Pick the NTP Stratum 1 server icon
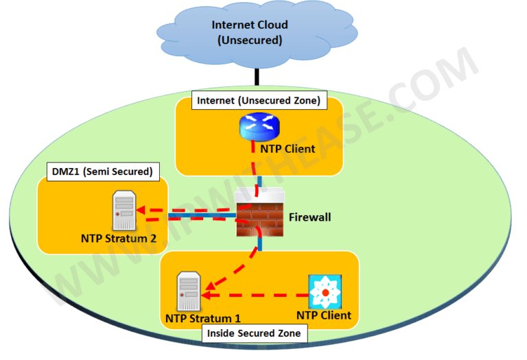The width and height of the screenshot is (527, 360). click(188, 292)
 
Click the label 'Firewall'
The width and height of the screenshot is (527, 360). click(309, 217)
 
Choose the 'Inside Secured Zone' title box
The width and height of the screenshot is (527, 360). click(254, 334)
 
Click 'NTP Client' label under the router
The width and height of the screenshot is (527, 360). click(288, 148)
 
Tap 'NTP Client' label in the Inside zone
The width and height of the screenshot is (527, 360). click(323, 315)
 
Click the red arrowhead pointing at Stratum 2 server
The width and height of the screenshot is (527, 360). click(140, 210)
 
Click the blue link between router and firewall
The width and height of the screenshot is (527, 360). click(259, 182)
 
